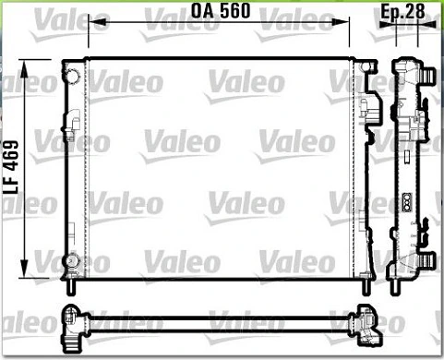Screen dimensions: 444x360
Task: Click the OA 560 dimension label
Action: (x=221, y=11)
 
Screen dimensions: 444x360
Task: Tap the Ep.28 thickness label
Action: (x=402, y=11)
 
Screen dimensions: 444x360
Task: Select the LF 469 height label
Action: (x=12, y=167)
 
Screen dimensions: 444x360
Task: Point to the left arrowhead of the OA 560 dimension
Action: (x=97, y=22)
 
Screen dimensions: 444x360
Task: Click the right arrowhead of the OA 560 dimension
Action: (x=341, y=22)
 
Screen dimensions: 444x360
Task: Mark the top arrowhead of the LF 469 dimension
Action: (x=24, y=68)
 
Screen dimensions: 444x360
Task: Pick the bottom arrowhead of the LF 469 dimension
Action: (x=24, y=269)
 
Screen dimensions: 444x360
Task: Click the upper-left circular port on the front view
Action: (x=73, y=76)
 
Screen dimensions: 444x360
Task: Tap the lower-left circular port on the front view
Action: (x=71, y=261)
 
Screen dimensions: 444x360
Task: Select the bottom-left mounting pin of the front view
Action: (x=71, y=288)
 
